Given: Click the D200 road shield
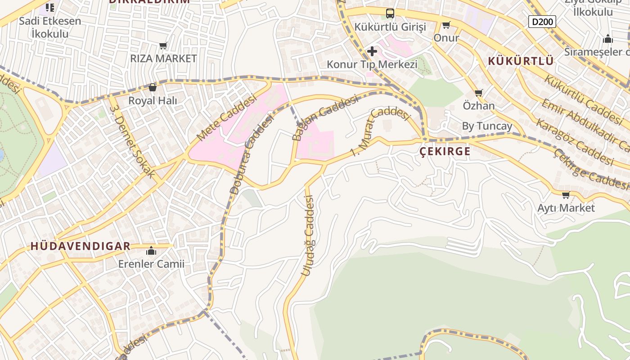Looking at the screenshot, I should tap(542, 21).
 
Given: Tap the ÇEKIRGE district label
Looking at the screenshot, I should tap(445, 152).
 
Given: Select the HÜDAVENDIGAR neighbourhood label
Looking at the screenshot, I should tap(81, 246).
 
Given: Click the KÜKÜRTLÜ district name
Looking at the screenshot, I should tap(521, 61).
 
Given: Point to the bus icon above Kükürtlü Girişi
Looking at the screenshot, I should tap(390, 13).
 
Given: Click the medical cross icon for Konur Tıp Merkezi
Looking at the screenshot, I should tap(372, 51).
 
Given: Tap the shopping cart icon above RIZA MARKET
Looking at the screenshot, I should tap(163, 45).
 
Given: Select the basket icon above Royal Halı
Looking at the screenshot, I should tap(152, 87).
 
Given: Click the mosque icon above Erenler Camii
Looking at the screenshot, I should tap(151, 251).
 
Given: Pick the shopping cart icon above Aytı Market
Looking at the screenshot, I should tap(566, 195).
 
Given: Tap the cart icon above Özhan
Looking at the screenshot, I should tap(478, 93).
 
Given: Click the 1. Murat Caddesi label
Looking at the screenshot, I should tap(381, 130).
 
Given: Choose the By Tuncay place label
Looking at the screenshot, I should tap(487, 126).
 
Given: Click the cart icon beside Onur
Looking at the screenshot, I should tap(446, 25).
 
